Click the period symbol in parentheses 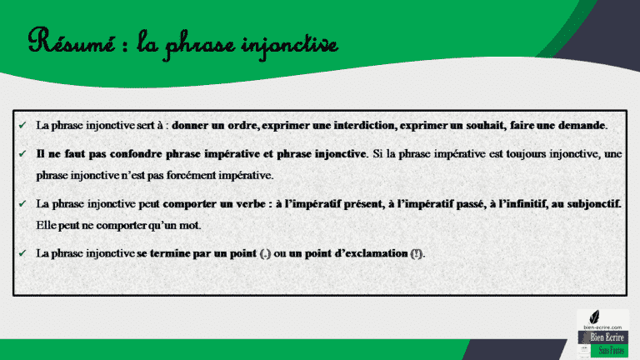(266, 253)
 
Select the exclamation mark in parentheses (416, 253)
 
